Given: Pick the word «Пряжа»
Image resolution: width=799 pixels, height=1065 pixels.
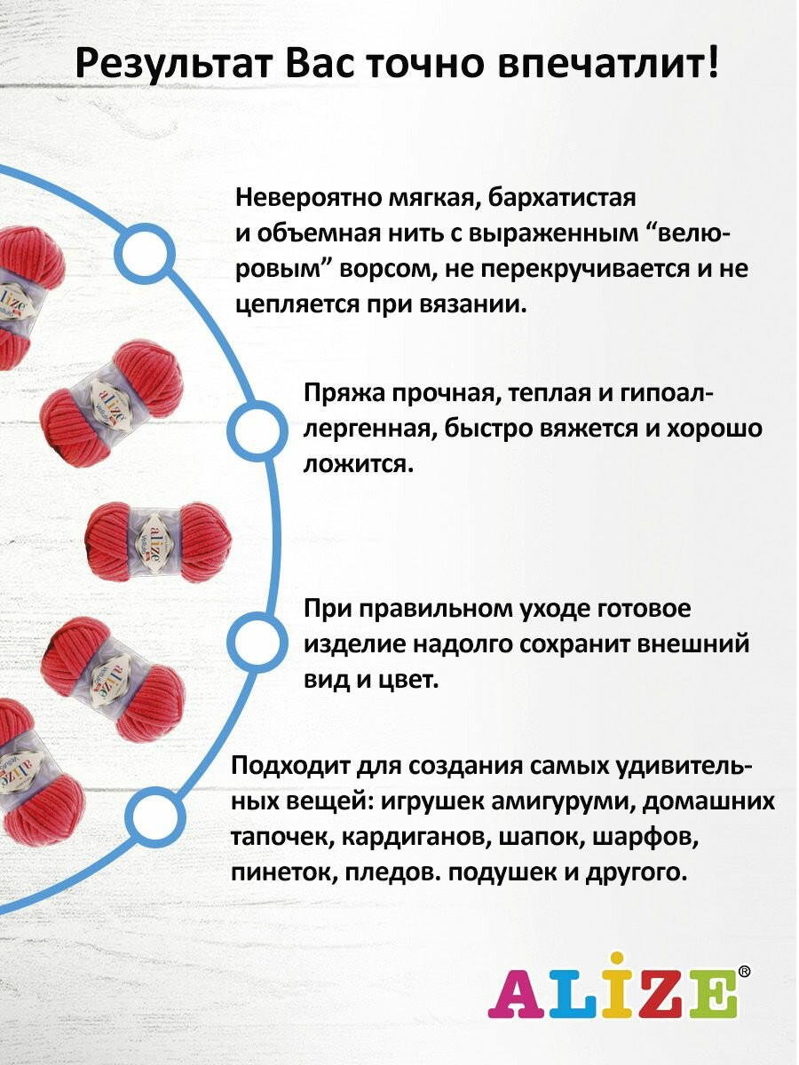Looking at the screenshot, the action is point(342,393).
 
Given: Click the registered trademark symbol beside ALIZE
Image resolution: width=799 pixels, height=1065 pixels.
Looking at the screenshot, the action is point(744,972).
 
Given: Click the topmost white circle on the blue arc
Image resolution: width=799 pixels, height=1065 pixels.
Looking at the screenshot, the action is point(145,256).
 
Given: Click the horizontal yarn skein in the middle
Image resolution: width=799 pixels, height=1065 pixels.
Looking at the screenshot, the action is point(158,540).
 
